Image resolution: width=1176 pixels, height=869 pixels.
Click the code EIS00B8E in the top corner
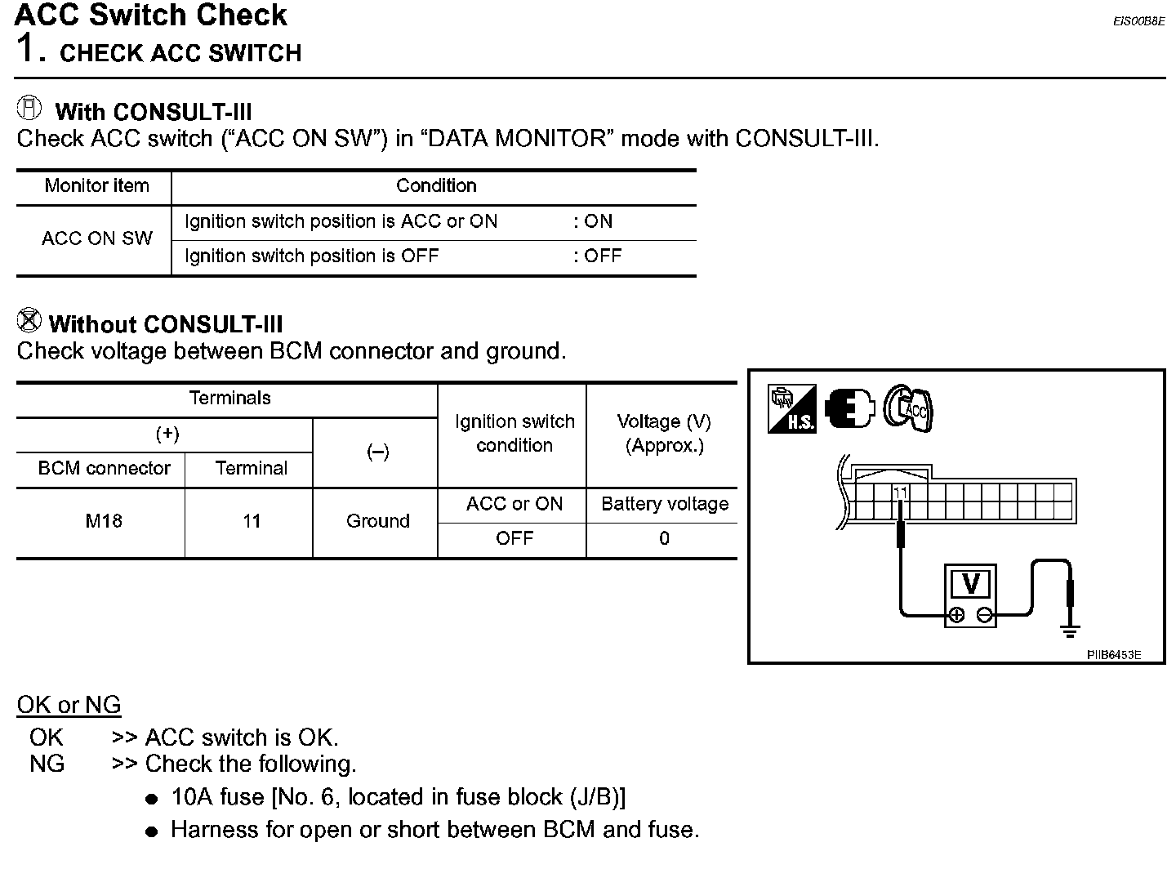pyautogui.click(x=1138, y=22)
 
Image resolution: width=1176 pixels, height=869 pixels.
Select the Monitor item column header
pyautogui.click(x=96, y=186)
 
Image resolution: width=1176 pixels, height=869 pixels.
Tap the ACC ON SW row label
pyautogui.click(x=96, y=238)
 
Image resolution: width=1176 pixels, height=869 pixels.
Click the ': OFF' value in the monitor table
pyautogui.click(x=597, y=256)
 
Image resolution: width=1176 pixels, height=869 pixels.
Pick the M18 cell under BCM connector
pyautogui.click(x=104, y=521)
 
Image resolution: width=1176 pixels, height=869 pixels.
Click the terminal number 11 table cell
pyautogui.click(x=252, y=521)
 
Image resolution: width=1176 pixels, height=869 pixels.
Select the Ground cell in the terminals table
pyautogui.click(x=377, y=521)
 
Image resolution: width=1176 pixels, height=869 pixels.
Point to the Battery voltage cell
pyautogui.click(x=664, y=504)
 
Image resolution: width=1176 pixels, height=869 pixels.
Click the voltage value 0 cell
pyautogui.click(x=664, y=539)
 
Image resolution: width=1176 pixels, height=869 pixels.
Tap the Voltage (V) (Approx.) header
pyautogui.click(x=664, y=434)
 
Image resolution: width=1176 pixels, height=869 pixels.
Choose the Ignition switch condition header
pyautogui.click(x=514, y=434)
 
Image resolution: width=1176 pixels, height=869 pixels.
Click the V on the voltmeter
pyautogui.click(x=971, y=584)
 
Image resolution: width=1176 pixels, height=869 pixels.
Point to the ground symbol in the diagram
pyautogui.click(x=1071, y=630)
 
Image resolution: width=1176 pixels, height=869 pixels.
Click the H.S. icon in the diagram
pyautogui.click(x=791, y=409)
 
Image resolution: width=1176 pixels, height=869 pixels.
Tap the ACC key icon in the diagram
pyautogui.click(x=910, y=408)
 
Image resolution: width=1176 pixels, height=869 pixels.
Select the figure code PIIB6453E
pyautogui.click(x=1113, y=654)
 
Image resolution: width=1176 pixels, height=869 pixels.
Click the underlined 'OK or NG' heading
pyautogui.click(x=69, y=705)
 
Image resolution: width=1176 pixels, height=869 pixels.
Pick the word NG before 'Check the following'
pyautogui.click(x=47, y=764)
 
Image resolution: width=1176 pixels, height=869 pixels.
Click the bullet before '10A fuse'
pyautogui.click(x=151, y=800)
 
